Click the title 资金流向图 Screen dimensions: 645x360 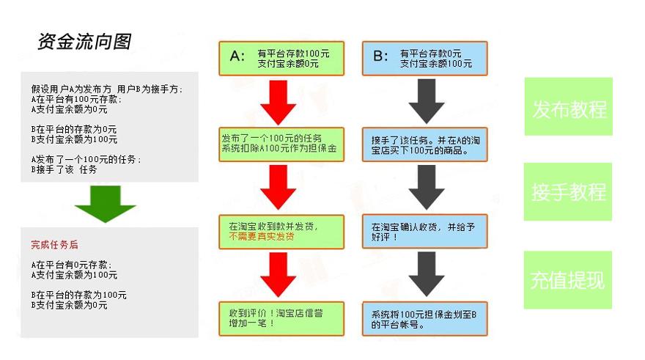click(x=85, y=42)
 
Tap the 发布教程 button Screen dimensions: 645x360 click(x=569, y=106)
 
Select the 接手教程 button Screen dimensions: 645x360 click(x=568, y=191)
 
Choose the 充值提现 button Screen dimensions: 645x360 click(x=567, y=280)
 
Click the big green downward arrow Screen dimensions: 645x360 click(x=106, y=204)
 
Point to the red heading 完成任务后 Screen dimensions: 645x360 click(x=55, y=245)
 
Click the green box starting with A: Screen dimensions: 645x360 click(x=281, y=59)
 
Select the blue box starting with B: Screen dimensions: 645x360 click(x=425, y=59)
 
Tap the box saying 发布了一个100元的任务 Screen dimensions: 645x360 click(x=281, y=144)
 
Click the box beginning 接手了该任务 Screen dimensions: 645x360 click(x=425, y=144)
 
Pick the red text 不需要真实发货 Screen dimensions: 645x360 click(x=262, y=237)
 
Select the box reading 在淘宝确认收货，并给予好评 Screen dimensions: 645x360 click(x=425, y=231)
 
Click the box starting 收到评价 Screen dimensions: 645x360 click(x=281, y=319)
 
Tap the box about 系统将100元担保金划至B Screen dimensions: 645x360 click(x=425, y=319)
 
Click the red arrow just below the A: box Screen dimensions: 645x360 click(x=279, y=103)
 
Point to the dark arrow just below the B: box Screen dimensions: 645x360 click(x=427, y=102)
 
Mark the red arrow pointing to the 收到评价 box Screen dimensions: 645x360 click(x=279, y=275)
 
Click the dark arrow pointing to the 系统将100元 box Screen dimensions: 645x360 click(x=427, y=274)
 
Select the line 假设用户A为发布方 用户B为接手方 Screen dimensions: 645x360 click(x=107, y=89)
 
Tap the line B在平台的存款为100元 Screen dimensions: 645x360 click(x=79, y=295)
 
